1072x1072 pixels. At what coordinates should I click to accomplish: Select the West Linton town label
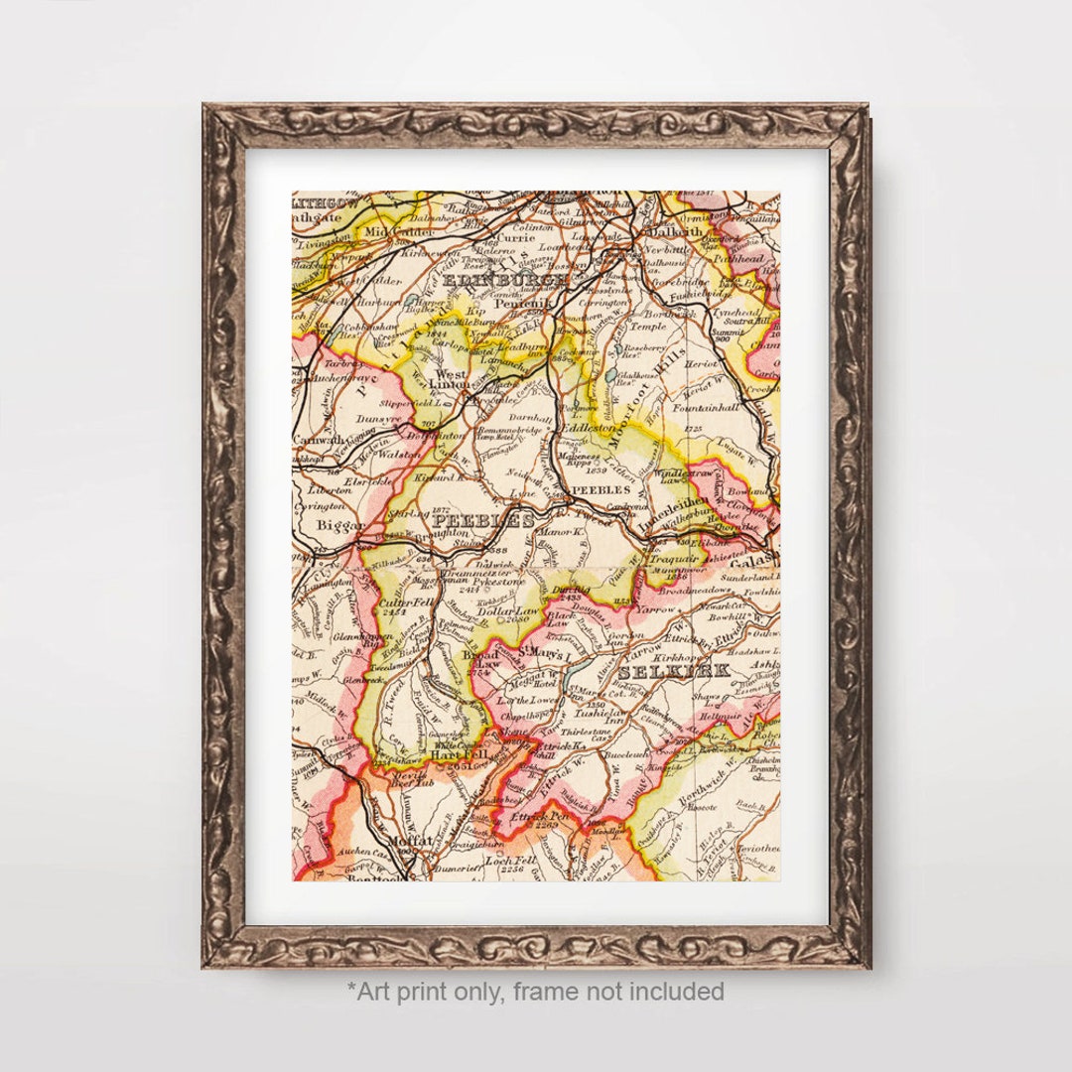[x=453, y=381]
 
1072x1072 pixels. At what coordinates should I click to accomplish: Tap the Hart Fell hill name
[x=453, y=753]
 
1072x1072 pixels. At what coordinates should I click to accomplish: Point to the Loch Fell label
[x=510, y=861]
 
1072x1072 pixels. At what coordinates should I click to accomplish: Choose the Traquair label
[x=675, y=559]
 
